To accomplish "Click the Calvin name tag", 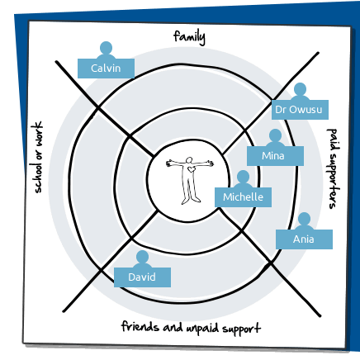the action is [106, 69].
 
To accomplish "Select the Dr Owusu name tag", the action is [300, 110].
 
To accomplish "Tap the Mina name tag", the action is [275, 156].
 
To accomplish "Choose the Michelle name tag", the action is [243, 197].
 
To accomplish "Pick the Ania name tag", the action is [304, 239].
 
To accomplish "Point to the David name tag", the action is [142, 277].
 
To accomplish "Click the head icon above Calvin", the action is [106, 48].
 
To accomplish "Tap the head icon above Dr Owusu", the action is [300, 89].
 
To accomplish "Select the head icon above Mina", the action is [275, 135].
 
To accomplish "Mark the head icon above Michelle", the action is [243, 177].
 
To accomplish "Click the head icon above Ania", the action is [304, 219].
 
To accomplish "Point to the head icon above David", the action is [142, 257].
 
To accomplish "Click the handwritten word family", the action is [189, 37].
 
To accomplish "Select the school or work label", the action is [36, 157].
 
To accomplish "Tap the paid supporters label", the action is [333, 168].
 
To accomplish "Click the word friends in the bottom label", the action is [140, 326].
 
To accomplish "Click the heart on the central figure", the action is [191, 169].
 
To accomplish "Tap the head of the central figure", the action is [189, 160].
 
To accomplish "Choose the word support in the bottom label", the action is [241, 329].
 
